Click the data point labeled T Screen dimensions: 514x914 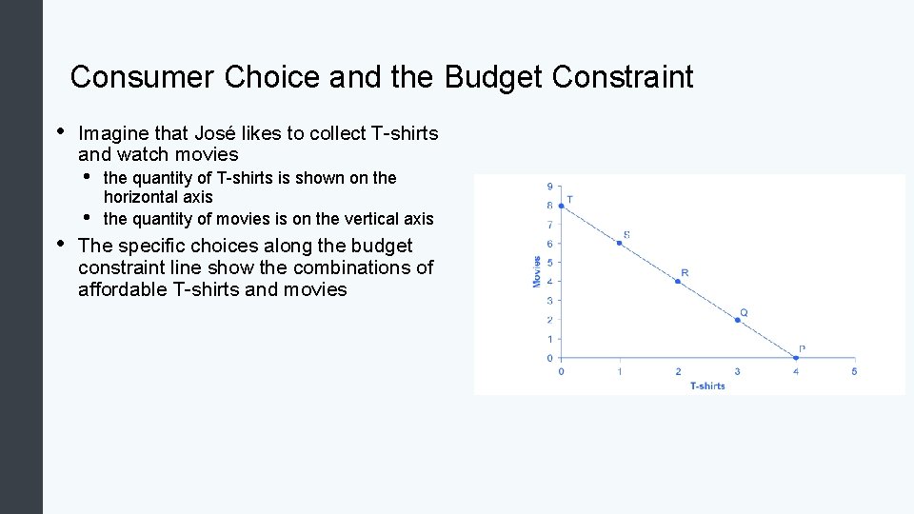pyautogui.click(x=561, y=206)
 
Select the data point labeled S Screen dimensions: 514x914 pyautogui.click(x=620, y=244)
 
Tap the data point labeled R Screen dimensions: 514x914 pyautogui.click(x=678, y=282)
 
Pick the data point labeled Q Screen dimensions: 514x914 pyautogui.click(x=738, y=320)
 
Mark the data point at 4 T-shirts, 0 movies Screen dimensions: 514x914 pyautogui.click(x=796, y=358)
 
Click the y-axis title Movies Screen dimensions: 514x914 pyautogui.click(x=537, y=271)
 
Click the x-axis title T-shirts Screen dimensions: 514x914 pyautogui.click(x=707, y=385)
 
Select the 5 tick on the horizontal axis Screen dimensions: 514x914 pyautogui.click(x=854, y=371)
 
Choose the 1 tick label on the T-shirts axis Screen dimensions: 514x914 pyautogui.click(x=620, y=371)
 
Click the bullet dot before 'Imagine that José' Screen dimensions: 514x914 pyautogui.click(x=60, y=131)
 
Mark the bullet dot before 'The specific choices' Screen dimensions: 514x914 pyautogui.click(x=60, y=244)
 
